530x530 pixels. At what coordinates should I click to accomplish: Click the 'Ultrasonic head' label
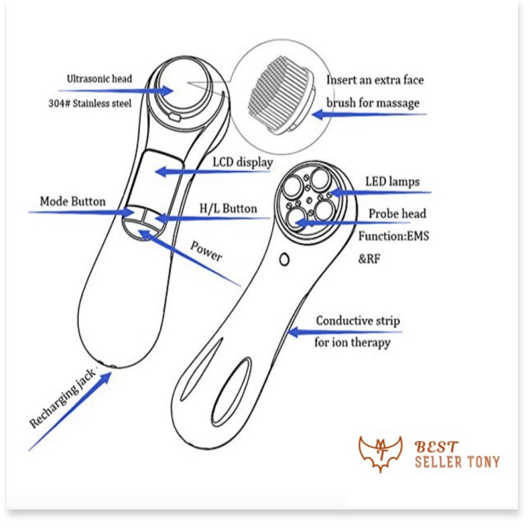click(x=99, y=78)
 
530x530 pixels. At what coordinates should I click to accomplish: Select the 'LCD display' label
click(x=243, y=163)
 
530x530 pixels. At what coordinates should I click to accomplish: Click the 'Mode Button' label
click(x=72, y=201)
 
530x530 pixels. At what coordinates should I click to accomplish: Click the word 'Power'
click(x=206, y=249)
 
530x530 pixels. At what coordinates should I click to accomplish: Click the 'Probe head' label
click(x=398, y=214)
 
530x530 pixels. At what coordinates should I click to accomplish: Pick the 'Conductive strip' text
click(x=358, y=321)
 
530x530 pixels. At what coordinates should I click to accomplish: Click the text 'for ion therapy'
click(x=353, y=342)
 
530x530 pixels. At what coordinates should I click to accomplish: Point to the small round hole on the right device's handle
click(x=284, y=261)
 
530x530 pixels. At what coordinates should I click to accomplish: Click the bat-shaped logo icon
click(x=380, y=455)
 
